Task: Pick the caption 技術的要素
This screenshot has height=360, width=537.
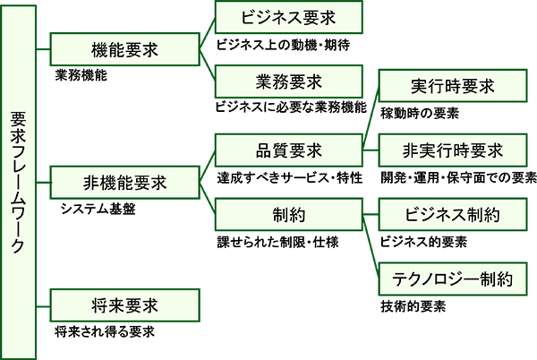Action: click(x=413, y=306)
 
